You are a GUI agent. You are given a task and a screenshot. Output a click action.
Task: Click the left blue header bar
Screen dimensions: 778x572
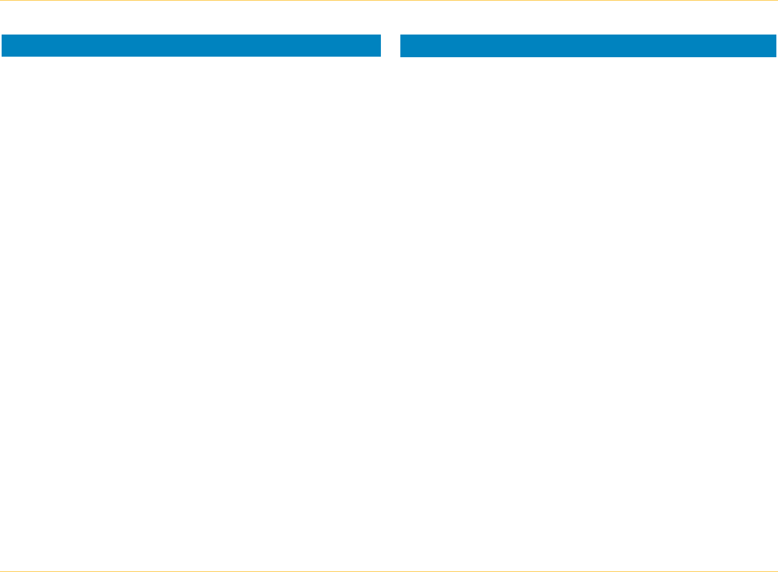[x=191, y=46]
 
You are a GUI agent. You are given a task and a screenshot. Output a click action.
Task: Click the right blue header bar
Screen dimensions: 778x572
[x=588, y=46]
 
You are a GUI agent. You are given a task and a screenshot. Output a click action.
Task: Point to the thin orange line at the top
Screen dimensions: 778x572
[x=389, y=1]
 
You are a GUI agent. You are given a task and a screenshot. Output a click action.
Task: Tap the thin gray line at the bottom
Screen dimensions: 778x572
[x=389, y=571]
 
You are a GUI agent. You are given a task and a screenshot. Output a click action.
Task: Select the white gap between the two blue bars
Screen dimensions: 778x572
[x=391, y=46]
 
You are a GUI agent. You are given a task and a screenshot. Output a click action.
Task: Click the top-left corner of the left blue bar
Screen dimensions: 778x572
[x=2, y=35]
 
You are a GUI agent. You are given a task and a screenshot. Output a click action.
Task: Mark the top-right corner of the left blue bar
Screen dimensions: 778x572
[x=380, y=35]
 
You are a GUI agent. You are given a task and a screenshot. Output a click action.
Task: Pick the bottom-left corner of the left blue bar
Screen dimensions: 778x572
[x=2, y=56]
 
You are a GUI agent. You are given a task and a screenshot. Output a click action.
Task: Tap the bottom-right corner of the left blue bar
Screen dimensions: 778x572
[x=380, y=56]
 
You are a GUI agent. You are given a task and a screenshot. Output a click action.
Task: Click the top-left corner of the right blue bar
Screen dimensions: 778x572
[x=401, y=35]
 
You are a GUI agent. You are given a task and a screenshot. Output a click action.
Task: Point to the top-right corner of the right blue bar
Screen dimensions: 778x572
[x=776, y=35]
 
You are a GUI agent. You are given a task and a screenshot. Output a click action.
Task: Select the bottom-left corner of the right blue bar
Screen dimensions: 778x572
[x=401, y=56]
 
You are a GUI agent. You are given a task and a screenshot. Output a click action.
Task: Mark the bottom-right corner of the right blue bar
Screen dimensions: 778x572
[x=776, y=56]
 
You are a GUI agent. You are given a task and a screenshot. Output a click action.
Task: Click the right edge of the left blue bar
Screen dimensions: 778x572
[x=380, y=46]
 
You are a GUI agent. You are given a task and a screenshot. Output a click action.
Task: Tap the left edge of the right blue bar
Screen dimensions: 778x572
[x=401, y=46]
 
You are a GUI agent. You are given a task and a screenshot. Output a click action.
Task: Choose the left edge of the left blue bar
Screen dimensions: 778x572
[x=2, y=46]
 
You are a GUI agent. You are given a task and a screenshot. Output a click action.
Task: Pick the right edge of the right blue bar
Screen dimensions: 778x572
[x=776, y=46]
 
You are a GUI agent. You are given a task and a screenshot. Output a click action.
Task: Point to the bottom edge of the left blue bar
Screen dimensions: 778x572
[x=191, y=56]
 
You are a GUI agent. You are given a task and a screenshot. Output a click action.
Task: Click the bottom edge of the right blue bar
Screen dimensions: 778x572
[x=588, y=56]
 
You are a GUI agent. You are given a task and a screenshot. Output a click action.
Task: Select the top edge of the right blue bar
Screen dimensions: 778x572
[x=588, y=35]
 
